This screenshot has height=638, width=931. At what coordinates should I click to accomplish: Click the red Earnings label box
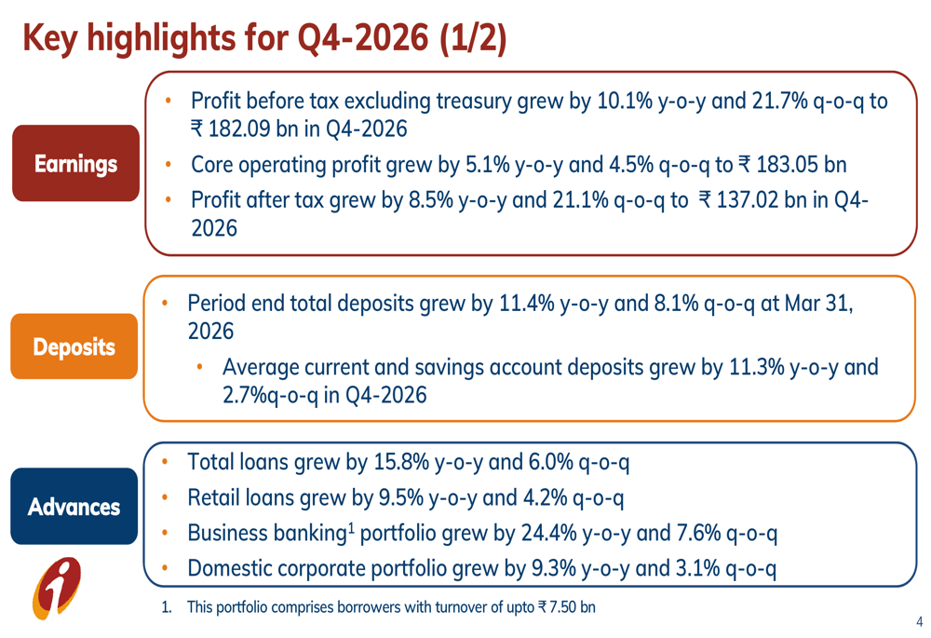pyautogui.click(x=75, y=164)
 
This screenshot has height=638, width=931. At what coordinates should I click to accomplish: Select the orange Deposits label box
pyautogui.click(x=74, y=346)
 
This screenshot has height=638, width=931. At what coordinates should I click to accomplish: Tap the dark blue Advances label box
pyautogui.click(x=74, y=507)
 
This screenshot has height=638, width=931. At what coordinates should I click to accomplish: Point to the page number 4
pyautogui.click(x=919, y=621)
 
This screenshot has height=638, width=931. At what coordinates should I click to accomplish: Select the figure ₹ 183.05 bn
pyautogui.click(x=791, y=165)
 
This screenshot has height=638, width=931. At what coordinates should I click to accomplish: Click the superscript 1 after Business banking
pyautogui.click(x=351, y=527)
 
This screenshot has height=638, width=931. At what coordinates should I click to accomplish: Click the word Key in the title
pyautogui.click(x=47, y=39)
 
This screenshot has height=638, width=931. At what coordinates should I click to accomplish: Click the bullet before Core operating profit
pyautogui.click(x=167, y=165)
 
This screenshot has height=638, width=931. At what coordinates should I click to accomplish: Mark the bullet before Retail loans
pyautogui.click(x=165, y=498)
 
